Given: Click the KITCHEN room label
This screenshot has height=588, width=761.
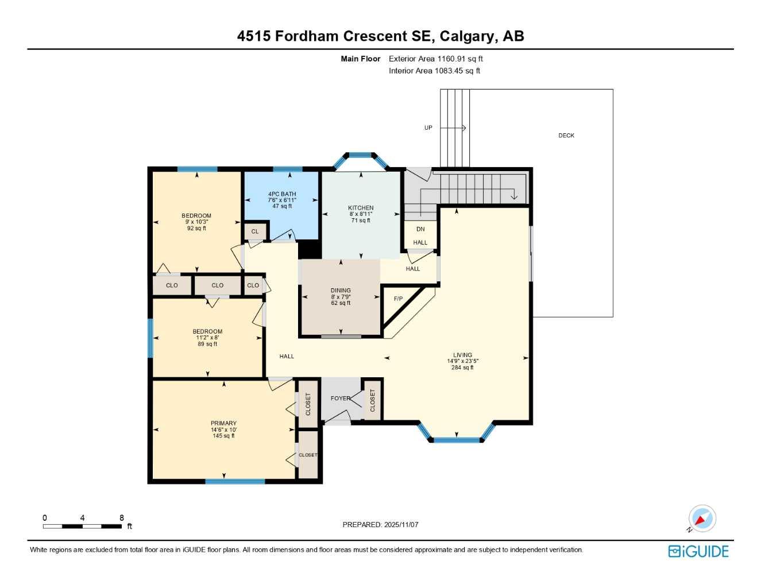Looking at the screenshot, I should [361, 208].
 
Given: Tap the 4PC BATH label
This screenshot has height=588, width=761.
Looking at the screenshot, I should [282, 194].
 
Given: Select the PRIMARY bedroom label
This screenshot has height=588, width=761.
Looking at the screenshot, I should [223, 423].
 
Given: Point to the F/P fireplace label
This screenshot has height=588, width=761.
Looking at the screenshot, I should [398, 299].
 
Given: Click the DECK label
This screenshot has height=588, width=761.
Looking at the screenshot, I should [566, 136].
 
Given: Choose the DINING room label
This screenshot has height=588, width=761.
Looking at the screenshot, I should [341, 291].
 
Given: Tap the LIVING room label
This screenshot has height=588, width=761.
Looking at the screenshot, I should [462, 355].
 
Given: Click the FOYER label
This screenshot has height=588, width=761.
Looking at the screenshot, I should [340, 398].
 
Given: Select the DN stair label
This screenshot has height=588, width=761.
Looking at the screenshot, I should [420, 229].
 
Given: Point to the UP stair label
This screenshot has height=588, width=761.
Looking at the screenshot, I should [428, 128].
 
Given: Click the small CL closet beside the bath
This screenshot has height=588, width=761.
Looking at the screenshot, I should [255, 231].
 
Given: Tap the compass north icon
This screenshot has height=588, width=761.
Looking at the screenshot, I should [701, 519].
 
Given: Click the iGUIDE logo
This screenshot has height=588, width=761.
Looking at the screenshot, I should [698, 551].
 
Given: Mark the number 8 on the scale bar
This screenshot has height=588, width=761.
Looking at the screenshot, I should [121, 518].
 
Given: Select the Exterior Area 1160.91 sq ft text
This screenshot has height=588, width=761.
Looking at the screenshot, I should [436, 59].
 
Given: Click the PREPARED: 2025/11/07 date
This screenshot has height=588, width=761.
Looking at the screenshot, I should [380, 524].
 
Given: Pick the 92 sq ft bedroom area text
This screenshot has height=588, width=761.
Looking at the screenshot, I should [196, 228].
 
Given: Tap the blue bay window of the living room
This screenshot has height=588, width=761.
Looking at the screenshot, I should [456, 440].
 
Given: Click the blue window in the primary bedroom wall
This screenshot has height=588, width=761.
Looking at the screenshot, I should [234, 481].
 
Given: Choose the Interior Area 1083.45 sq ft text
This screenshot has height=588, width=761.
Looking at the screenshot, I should [434, 71].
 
